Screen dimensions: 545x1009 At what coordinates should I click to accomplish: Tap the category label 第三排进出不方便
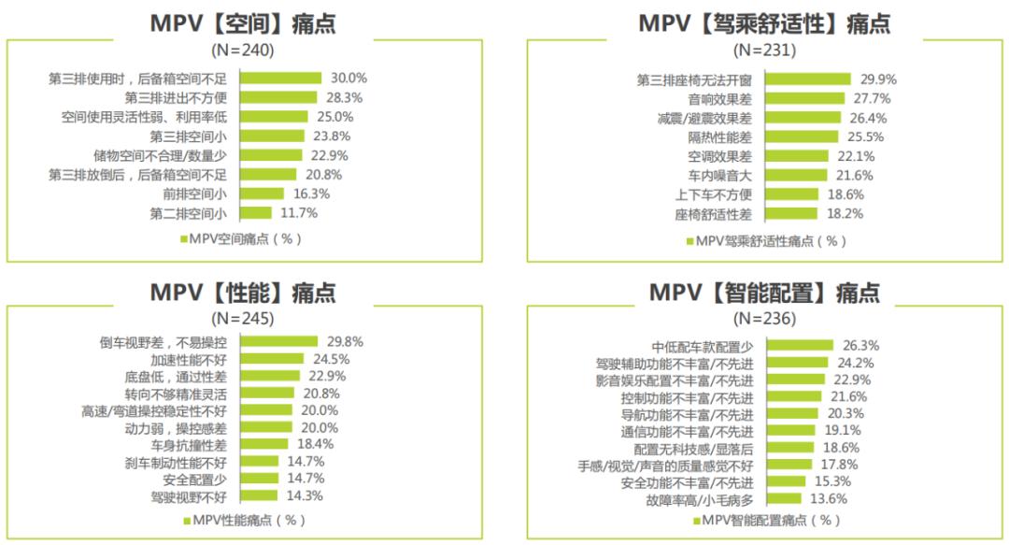(x=177, y=97)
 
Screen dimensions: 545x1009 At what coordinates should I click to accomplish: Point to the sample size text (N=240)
(x=244, y=50)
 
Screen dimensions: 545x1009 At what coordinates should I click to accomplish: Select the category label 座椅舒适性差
(x=713, y=214)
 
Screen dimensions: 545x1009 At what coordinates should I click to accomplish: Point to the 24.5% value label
(x=330, y=359)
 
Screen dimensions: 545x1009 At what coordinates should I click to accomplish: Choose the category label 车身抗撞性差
(x=189, y=444)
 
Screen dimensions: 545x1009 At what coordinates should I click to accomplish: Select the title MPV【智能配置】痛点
(x=764, y=293)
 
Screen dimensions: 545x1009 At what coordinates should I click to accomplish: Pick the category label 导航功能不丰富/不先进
(x=687, y=414)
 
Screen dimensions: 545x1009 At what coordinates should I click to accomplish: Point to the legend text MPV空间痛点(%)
(x=246, y=239)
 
